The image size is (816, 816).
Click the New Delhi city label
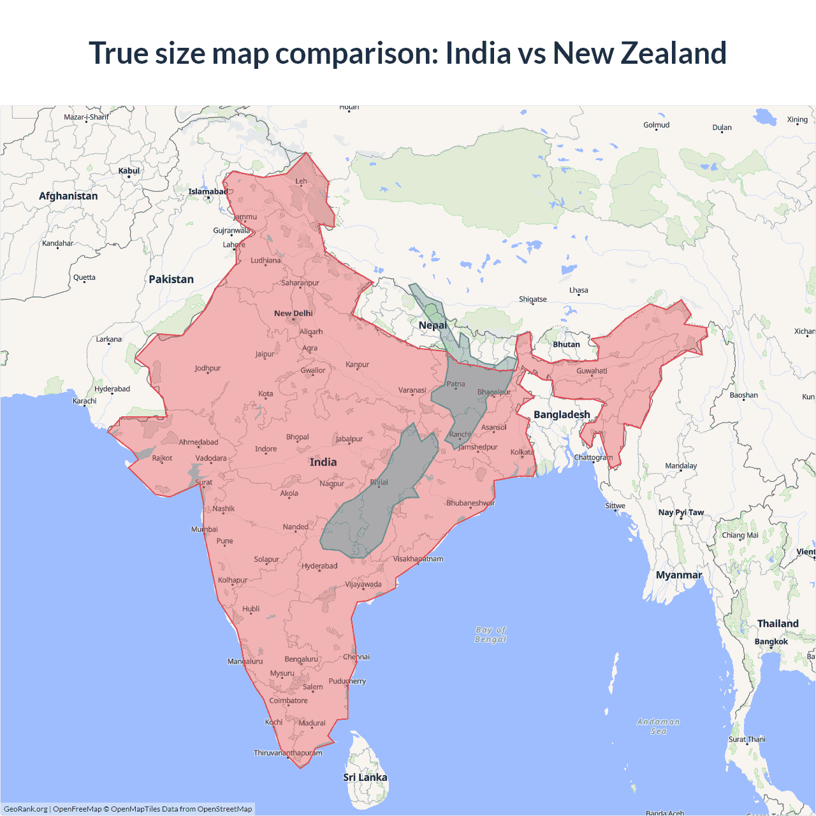(293, 314)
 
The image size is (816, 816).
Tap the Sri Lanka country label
(365, 777)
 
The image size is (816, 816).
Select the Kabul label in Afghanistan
(129, 171)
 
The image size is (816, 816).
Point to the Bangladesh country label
(562, 414)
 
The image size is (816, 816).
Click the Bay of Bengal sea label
(490, 634)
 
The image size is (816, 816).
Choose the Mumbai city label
(204, 529)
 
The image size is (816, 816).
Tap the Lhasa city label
(579, 290)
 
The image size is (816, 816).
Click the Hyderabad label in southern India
(319, 566)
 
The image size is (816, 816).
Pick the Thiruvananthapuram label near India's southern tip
(288, 753)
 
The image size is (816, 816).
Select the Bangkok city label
(771, 641)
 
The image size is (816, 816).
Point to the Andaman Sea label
(659, 726)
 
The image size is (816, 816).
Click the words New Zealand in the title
(639, 53)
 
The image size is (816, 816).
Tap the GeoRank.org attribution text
(25, 809)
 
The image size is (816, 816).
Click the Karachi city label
(85, 401)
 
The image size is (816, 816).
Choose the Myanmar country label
(679, 575)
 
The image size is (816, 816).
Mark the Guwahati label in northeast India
(592, 371)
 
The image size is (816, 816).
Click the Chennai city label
(356, 657)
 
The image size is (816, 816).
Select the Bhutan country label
(566, 344)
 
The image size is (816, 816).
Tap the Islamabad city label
(208, 192)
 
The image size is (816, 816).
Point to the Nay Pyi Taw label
(681, 513)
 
